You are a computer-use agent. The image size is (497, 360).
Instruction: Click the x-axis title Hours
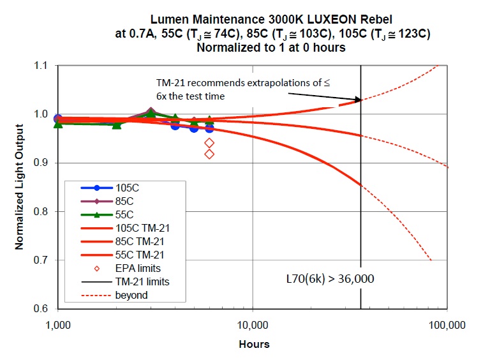[x=254, y=344]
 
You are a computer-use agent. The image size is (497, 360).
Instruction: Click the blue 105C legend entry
[x=126, y=188]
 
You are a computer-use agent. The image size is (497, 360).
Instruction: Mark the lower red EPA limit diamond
[x=209, y=154]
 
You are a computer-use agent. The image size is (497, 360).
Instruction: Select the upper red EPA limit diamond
[x=209, y=143]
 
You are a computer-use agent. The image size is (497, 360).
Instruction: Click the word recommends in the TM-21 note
[x=207, y=84]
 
